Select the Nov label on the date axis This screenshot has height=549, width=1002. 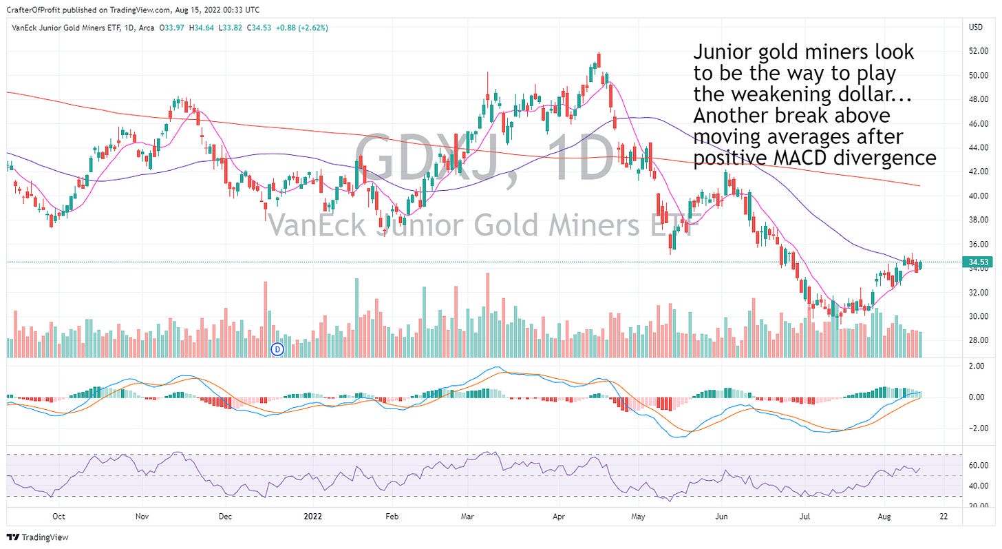point(142,515)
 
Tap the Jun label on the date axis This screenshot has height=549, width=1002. point(722,515)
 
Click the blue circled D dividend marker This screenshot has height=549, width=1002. point(278,349)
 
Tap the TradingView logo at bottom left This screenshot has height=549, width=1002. point(39,537)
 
